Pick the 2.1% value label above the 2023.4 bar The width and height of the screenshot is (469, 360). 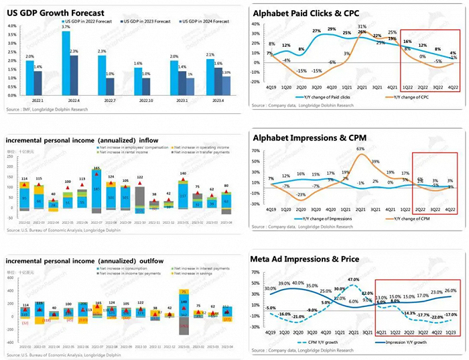[x=210, y=55]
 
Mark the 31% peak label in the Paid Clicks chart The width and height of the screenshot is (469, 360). [x=362, y=27]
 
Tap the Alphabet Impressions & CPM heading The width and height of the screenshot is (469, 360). [x=306, y=137]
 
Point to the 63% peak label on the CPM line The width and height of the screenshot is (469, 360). [x=360, y=149]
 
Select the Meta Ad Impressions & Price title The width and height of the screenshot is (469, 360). [x=306, y=258]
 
